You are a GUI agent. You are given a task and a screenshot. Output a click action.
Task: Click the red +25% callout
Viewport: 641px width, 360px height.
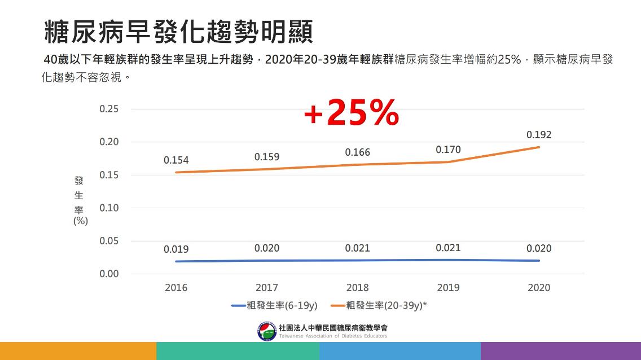point(352,113)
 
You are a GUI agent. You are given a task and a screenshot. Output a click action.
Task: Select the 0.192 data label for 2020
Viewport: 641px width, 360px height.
point(538,135)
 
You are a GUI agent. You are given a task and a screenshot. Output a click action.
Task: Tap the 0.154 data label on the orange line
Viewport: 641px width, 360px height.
point(176,160)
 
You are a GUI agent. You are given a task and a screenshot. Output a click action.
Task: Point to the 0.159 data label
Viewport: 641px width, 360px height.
point(266,157)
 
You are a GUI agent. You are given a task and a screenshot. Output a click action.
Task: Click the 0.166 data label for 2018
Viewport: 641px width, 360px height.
point(357,152)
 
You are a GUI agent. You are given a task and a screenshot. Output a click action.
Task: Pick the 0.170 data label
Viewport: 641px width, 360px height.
point(448,150)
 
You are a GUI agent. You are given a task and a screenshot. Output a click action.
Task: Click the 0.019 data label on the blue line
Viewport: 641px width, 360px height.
point(176,249)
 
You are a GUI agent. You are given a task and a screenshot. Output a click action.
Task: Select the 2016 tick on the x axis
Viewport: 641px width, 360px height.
point(176,288)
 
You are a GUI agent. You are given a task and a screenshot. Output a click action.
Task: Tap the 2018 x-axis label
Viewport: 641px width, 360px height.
point(357,288)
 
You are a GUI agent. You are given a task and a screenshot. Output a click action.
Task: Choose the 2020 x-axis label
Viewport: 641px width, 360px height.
point(538,288)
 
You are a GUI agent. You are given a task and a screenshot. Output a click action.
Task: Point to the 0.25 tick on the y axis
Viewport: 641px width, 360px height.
point(109,109)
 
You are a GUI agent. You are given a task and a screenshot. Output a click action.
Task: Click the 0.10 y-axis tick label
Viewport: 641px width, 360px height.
point(109,208)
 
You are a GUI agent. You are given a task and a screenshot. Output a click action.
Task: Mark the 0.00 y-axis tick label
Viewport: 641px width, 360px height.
point(109,274)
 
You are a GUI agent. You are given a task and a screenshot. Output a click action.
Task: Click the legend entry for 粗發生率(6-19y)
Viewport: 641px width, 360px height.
point(274,306)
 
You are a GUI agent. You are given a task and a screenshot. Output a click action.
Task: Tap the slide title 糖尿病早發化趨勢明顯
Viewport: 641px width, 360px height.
point(178,32)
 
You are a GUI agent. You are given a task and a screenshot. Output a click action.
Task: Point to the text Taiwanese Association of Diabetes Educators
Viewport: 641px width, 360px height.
point(333,336)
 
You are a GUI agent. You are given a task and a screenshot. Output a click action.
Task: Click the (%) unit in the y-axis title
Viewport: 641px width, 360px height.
point(80,221)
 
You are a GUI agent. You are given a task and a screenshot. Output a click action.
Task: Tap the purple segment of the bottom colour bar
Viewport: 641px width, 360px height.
point(560,350)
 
